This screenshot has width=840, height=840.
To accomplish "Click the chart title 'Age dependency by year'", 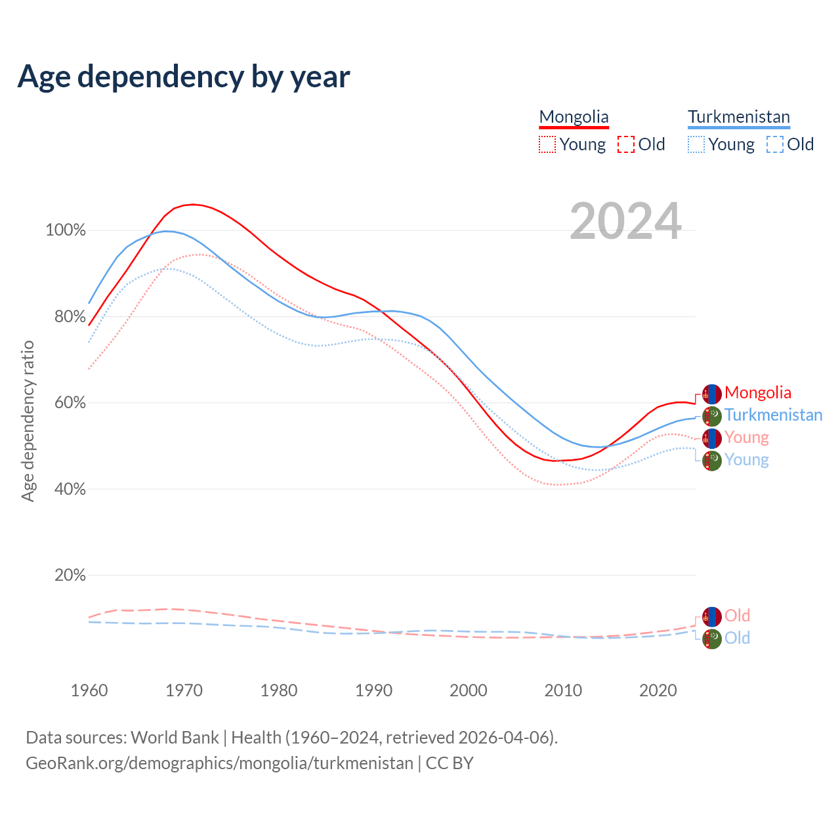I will click(184, 76).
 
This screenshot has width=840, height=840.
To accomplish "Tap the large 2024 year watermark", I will click(625, 221).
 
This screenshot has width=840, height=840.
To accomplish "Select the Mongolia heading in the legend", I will click(574, 117).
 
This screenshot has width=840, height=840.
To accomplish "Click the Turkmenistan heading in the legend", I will click(738, 117).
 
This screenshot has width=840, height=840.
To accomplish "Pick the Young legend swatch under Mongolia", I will click(547, 144).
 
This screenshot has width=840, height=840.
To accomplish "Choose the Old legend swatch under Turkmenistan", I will click(774, 144).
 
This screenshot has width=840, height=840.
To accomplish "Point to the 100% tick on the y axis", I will click(66, 230).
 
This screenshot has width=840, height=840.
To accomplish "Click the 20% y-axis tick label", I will click(70, 576).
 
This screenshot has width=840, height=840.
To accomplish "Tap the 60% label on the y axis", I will click(70, 403).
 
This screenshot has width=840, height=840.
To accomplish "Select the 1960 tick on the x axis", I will click(89, 690).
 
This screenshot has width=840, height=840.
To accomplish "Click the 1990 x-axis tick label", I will click(373, 690).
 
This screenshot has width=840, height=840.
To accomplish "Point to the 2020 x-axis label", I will click(658, 690).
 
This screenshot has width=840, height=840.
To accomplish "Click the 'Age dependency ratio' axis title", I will click(28, 421).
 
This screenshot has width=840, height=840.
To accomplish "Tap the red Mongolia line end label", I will click(757, 393).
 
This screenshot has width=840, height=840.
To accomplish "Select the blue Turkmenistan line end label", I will click(773, 415).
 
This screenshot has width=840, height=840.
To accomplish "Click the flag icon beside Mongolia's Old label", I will click(711, 616).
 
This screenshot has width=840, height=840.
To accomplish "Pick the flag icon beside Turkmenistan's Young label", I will click(711, 460).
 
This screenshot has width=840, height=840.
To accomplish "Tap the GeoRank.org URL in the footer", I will click(219, 763).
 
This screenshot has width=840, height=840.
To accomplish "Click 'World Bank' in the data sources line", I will click(175, 738).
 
